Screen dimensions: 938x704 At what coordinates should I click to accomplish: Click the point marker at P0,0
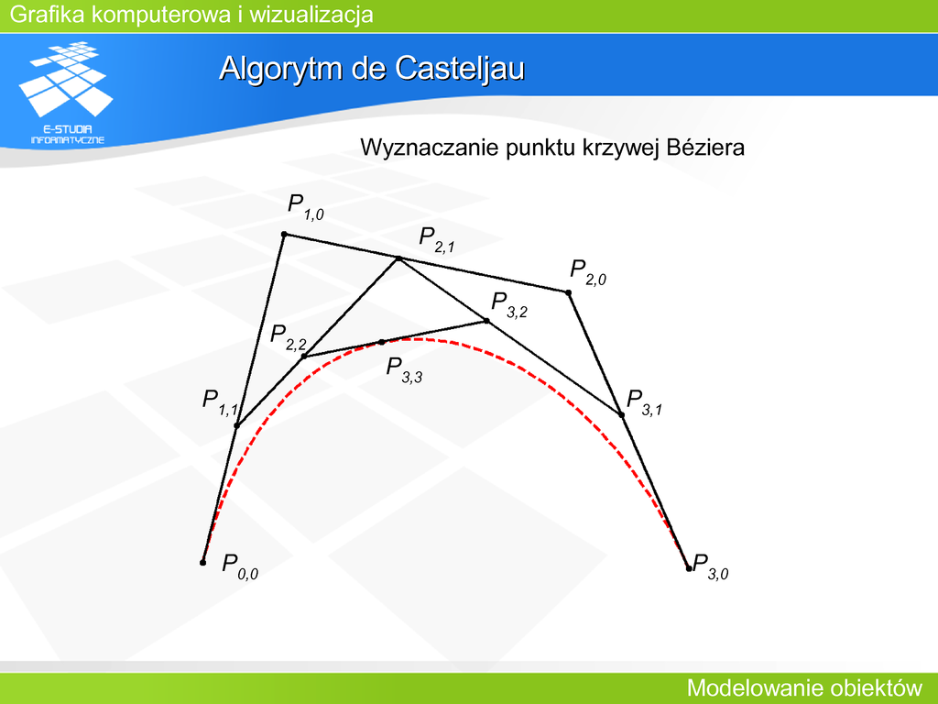click(x=202, y=563)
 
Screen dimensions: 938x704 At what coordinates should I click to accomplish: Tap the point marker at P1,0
click(x=284, y=234)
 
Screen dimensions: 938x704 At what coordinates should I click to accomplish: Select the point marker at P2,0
click(x=568, y=292)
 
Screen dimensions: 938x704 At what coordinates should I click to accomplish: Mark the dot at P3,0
click(x=689, y=568)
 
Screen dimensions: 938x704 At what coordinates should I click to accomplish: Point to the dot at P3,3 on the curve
click(x=382, y=343)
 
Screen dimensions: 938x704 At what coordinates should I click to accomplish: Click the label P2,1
click(x=437, y=239)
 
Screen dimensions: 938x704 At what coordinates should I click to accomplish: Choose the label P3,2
click(x=509, y=304)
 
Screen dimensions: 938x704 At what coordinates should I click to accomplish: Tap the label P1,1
click(x=220, y=402)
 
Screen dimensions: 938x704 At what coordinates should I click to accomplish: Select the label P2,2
click(x=288, y=337)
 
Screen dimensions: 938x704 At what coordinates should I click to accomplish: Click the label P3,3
click(x=404, y=369)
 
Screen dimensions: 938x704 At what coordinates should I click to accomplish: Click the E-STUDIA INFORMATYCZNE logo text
click(x=68, y=135)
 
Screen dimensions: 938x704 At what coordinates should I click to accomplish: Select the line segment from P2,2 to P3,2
click(x=396, y=339)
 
